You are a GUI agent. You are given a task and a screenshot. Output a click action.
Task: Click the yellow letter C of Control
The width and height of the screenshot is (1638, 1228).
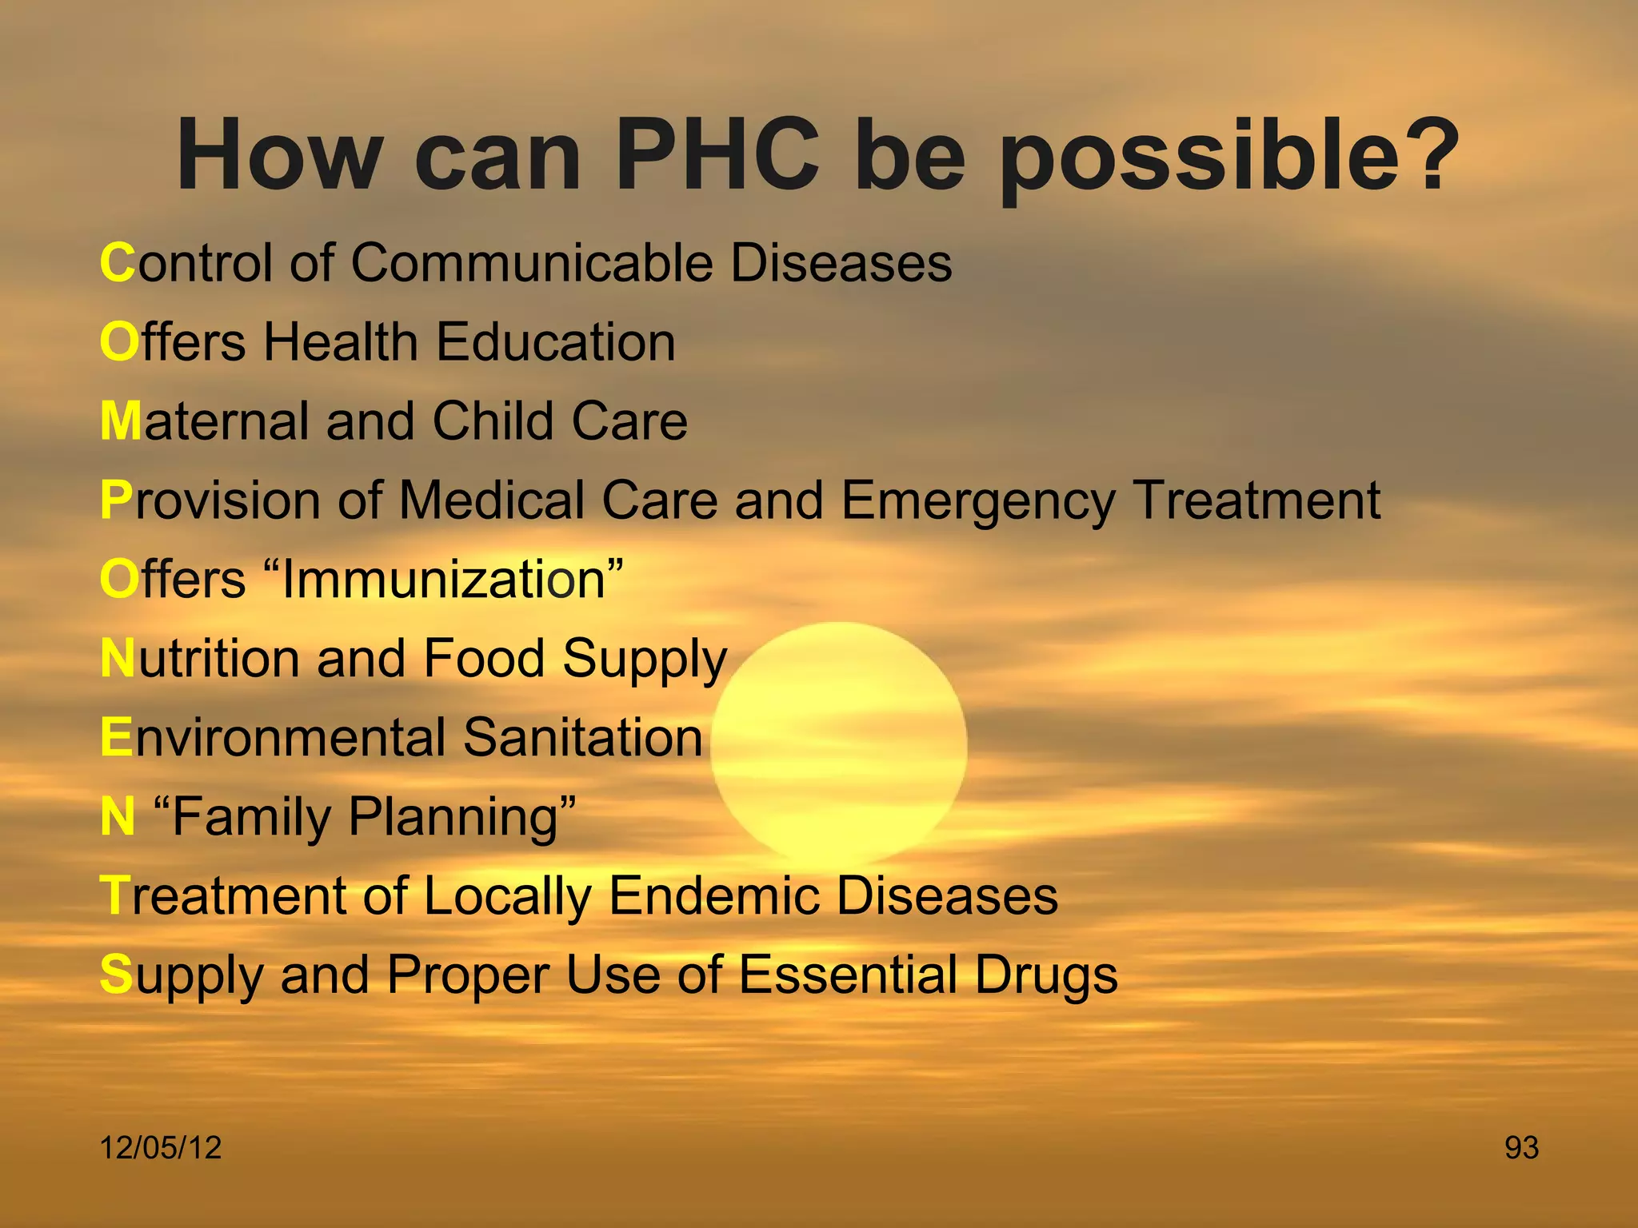point(118,263)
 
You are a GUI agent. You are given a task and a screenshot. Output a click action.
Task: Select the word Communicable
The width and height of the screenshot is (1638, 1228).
point(532,263)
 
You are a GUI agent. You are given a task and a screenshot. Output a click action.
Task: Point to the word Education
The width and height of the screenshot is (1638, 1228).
point(556,342)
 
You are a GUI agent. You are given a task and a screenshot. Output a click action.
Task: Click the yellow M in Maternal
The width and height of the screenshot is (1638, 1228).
point(121,421)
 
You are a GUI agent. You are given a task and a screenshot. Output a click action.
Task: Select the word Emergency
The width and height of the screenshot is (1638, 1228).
point(978,501)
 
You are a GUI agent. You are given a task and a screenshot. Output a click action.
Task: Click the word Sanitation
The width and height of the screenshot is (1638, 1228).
point(582,737)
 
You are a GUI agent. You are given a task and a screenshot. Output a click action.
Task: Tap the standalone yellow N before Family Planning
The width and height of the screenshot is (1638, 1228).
point(118,817)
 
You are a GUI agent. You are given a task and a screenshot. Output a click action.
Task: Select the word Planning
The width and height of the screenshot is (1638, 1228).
point(453,817)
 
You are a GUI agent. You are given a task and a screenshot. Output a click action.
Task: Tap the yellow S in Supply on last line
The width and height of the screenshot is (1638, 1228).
point(116,975)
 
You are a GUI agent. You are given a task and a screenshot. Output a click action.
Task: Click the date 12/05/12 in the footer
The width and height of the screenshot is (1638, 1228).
point(161,1148)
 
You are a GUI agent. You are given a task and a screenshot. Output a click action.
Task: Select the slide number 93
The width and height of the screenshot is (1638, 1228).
point(1521,1148)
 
